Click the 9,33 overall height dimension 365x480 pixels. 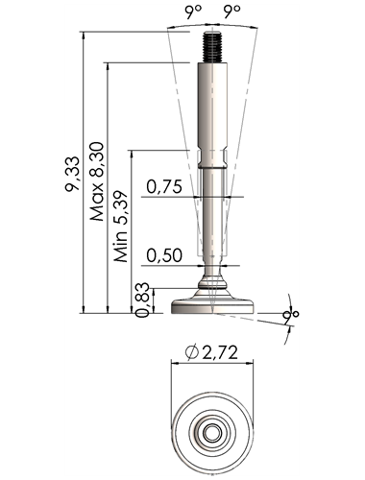point(71,174)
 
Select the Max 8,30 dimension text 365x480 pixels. point(97,181)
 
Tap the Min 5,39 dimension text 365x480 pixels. point(121,227)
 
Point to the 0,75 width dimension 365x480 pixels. point(164,186)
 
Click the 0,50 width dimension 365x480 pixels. point(164,255)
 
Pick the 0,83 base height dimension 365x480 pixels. point(142,300)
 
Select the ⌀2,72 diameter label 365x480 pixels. point(211,352)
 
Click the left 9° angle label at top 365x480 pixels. point(193,12)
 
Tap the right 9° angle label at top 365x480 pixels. point(231,12)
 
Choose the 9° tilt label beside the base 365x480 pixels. point(291,315)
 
